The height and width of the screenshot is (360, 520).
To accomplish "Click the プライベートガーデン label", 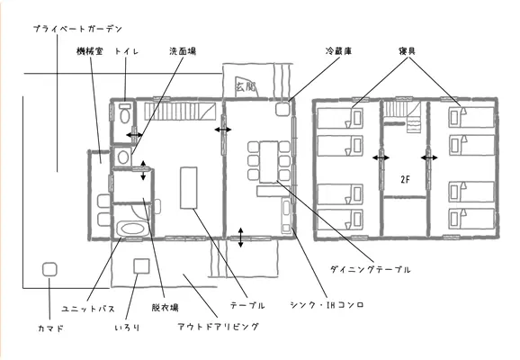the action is pos(78,29).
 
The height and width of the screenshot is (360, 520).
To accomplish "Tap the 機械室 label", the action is pos(90,51).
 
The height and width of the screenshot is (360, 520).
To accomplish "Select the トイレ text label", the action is pos(126,51).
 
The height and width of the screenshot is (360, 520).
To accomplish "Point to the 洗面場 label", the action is pos(183,51).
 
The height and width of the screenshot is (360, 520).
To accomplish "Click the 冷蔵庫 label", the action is pos(338,51).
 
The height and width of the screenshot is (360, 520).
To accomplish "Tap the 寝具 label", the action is pos(407,51).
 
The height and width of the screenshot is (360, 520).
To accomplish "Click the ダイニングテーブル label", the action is pos(370,269).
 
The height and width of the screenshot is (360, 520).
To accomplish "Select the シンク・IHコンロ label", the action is pos(327,305).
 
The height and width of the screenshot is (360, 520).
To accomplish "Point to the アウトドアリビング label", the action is pos(219,327).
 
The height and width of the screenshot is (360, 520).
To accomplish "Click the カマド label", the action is pos(50,328).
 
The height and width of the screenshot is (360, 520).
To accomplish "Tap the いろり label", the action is pos(127,328).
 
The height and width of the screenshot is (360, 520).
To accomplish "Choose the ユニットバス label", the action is pos(88,309).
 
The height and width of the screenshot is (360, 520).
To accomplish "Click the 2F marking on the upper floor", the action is pos(405,179).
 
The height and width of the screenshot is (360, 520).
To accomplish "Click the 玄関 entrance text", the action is pos(247,87).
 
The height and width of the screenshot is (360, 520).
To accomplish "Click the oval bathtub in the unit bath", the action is pos(132,229).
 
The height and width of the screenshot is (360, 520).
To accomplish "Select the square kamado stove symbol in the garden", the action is pos(49,269).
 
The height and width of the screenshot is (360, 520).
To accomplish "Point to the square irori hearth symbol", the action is pos(141,266).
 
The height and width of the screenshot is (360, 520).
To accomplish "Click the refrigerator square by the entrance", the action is pos(282,109).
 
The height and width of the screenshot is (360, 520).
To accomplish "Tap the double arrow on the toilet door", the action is pos(134,135).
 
